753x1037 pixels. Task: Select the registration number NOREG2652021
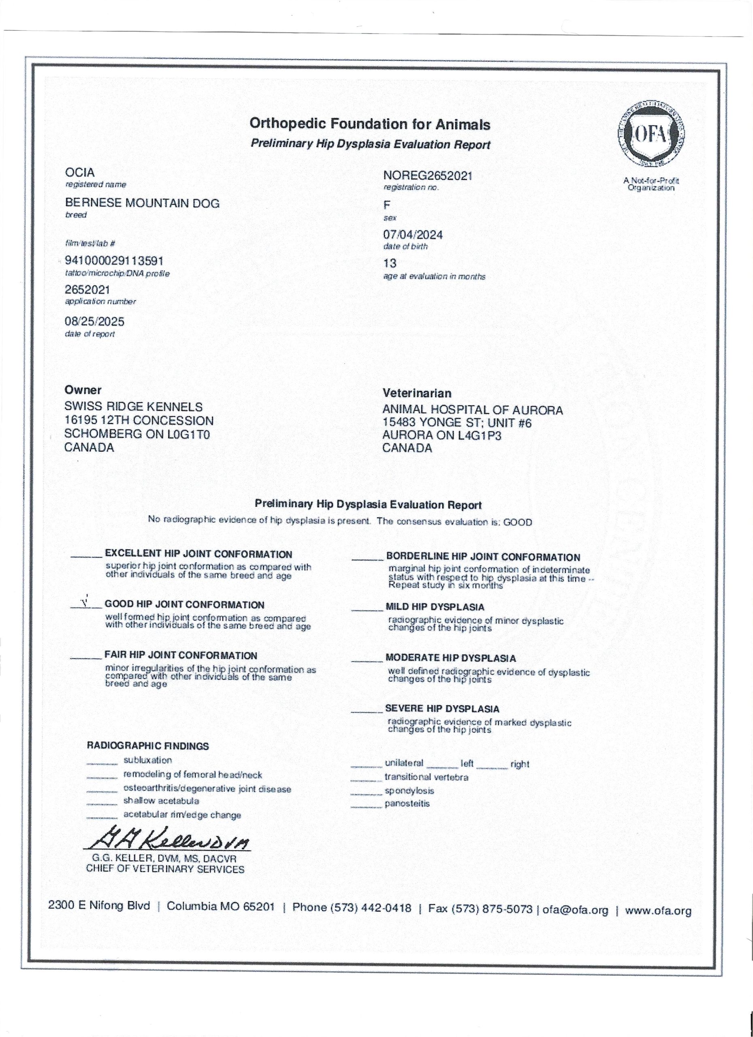[427, 175]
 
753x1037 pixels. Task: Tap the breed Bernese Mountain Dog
[142, 203]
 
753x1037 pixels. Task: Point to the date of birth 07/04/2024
[413, 235]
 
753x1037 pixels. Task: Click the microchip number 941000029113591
[114, 261]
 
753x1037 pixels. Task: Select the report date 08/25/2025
[94, 322]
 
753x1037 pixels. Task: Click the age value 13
[390, 263]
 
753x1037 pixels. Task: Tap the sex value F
[387, 206]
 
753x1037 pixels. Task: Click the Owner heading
[83, 390]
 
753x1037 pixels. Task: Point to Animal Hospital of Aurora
[473, 410]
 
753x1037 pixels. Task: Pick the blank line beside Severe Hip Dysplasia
[367, 711]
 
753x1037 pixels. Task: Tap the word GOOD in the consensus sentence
[518, 522]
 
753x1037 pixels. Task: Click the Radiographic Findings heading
[148, 746]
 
